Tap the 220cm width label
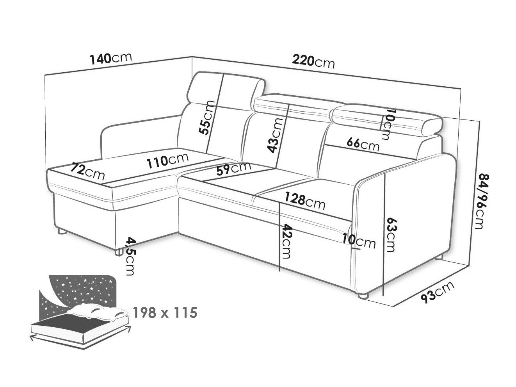point(313,61)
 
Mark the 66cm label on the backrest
point(363,144)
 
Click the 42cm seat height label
point(287,242)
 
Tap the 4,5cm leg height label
point(129,256)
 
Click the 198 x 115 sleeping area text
point(165,312)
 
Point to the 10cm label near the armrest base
point(359,242)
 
